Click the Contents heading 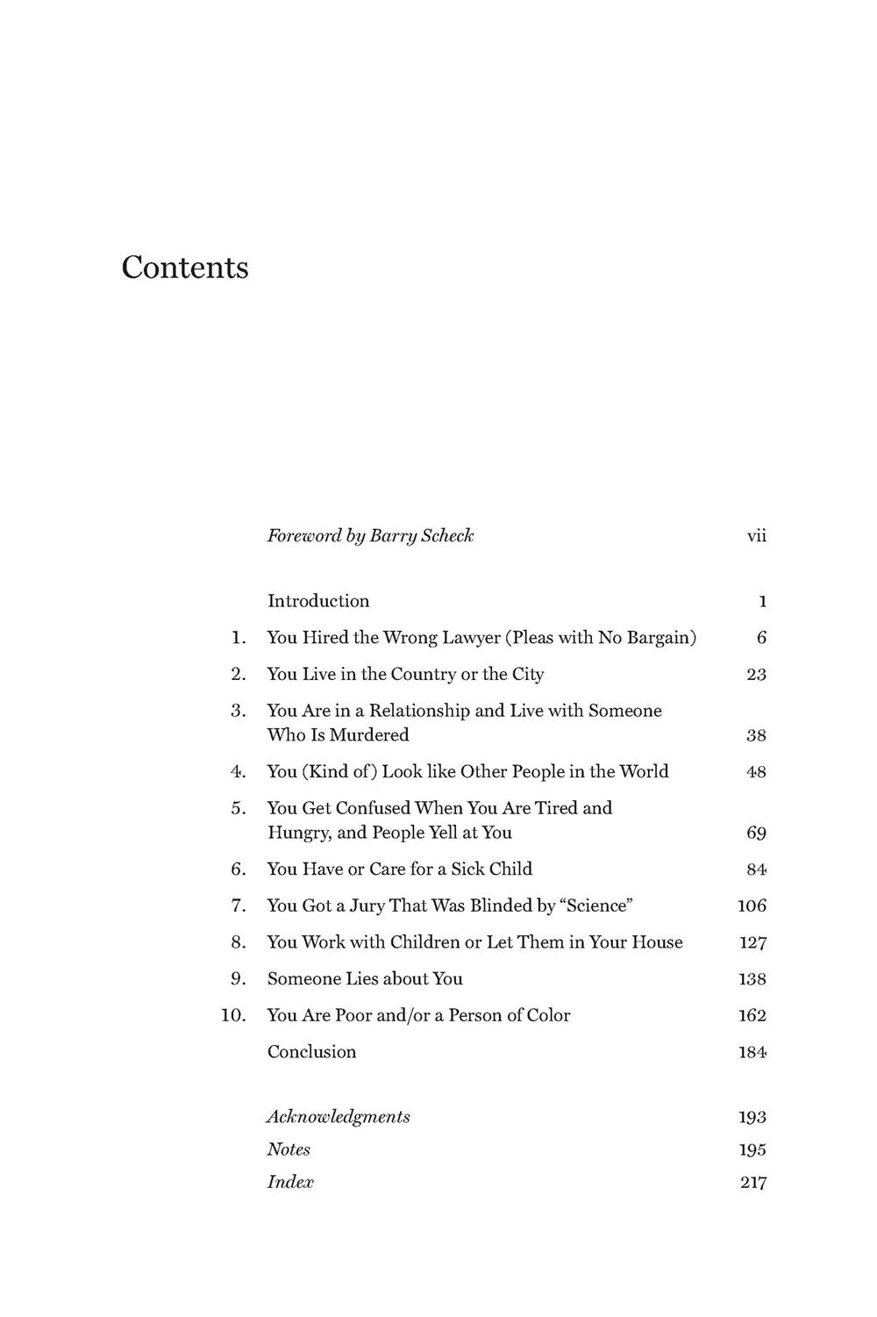[x=185, y=267]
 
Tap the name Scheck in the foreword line [x=446, y=535]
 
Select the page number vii [x=756, y=535]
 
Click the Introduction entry [x=318, y=601]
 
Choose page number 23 [x=756, y=675]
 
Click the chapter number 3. [x=238, y=711]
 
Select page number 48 [x=756, y=772]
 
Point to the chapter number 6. [x=238, y=869]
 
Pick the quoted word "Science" [x=597, y=905]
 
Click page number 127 [x=752, y=943]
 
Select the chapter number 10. [x=233, y=1015]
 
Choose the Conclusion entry [x=311, y=1052]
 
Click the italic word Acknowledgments [x=339, y=1117]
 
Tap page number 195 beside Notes [x=752, y=1150]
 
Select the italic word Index [x=290, y=1182]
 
